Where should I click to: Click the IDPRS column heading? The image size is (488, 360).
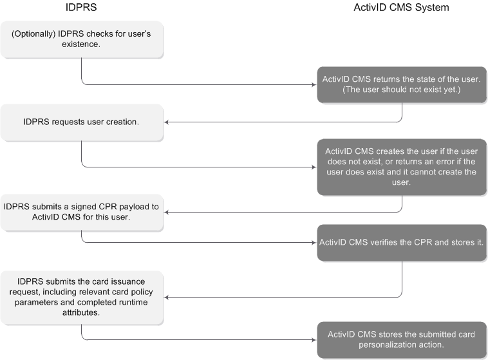82,8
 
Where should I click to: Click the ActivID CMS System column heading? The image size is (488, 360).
402,8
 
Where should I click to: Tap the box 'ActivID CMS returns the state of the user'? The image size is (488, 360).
402,83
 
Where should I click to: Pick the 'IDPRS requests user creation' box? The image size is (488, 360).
82,122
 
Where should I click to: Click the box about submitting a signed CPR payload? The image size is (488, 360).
82,212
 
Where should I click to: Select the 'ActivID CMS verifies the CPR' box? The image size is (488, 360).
402,243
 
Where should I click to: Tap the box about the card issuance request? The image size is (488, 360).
82,297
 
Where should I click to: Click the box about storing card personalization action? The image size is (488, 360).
402,339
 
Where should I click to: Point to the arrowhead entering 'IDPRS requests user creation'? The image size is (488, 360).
167,122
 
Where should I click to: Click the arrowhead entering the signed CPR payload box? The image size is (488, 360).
167,212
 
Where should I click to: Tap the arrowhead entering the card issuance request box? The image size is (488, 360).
167,297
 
